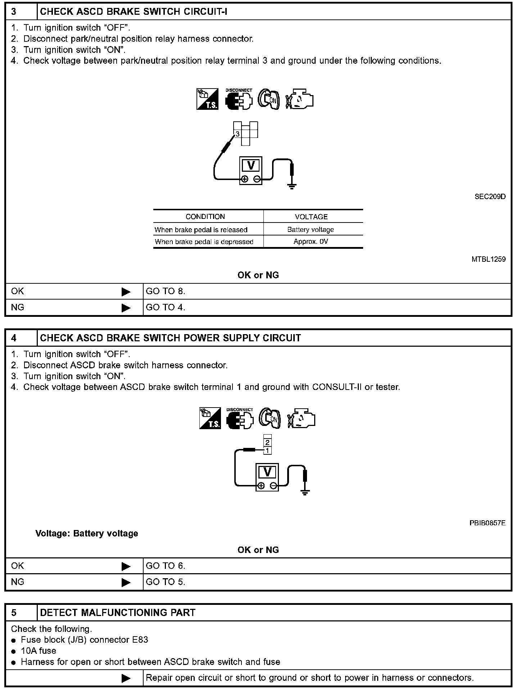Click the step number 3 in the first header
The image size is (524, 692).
[x=14, y=12]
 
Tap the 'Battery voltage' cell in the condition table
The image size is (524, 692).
[x=311, y=230]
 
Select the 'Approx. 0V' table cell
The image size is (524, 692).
[x=311, y=242]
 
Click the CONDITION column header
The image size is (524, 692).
[x=205, y=217]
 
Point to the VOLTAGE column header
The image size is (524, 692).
[x=311, y=217]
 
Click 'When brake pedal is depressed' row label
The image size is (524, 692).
[x=204, y=242]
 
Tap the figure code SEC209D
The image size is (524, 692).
[x=490, y=197]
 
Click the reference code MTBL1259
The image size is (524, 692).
[x=488, y=259]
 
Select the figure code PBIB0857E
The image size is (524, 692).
[x=487, y=523]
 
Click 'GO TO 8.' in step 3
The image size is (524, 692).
[x=166, y=291]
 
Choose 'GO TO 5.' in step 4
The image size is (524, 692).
[x=166, y=582]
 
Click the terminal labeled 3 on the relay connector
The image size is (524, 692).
[x=238, y=134]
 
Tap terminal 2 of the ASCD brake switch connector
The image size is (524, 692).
[x=267, y=442]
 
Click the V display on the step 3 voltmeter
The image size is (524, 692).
[x=251, y=165]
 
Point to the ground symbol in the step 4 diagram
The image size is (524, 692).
[x=305, y=492]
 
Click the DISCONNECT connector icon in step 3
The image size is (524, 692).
[x=239, y=100]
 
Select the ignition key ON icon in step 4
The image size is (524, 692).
[x=270, y=418]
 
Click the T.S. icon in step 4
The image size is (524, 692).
[x=210, y=418]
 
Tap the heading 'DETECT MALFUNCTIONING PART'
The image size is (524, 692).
[x=118, y=613]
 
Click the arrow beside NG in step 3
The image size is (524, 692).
[x=126, y=308]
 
